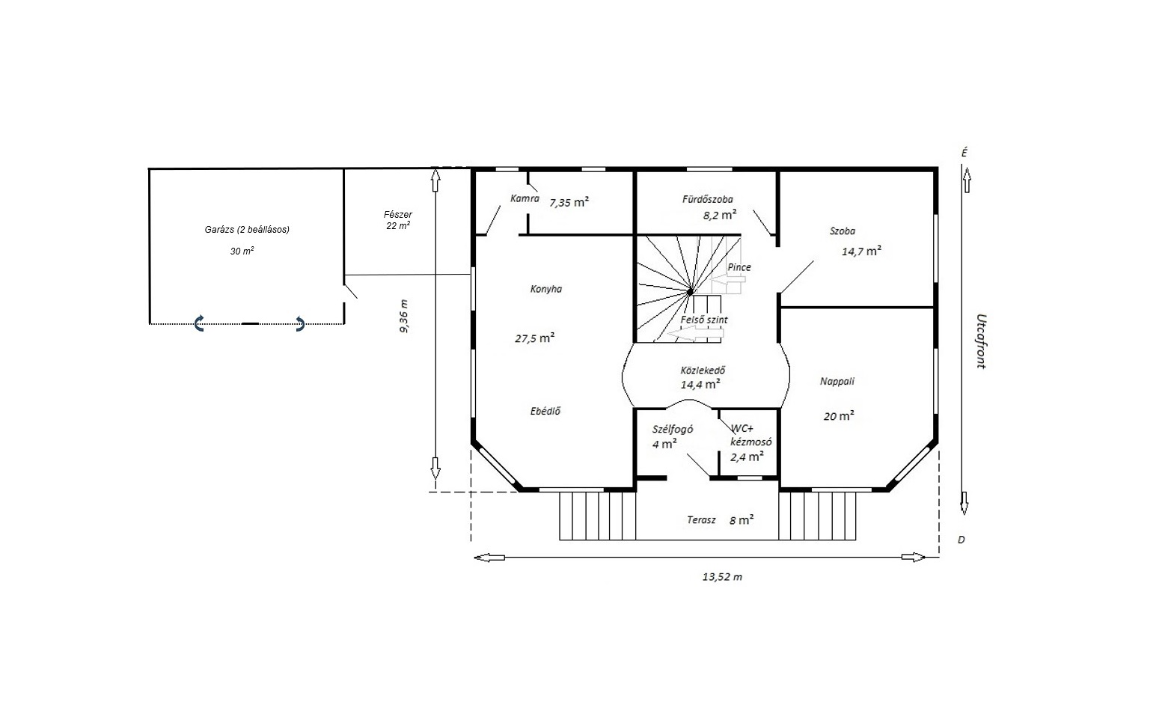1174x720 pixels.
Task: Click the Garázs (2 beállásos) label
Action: (x=247, y=229)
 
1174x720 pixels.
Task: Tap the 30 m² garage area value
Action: (x=242, y=251)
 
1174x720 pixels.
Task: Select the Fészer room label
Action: (x=398, y=215)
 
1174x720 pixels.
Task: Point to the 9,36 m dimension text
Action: (x=404, y=316)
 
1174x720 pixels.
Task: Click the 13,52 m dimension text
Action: (x=722, y=577)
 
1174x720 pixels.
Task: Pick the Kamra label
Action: (x=525, y=198)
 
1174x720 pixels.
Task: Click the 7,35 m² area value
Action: (x=569, y=202)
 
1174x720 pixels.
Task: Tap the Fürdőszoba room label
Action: (x=708, y=199)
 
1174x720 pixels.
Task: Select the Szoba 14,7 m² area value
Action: (x=861, y=251)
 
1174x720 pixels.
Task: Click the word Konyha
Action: (x=546, y=289)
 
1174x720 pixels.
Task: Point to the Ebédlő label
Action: (x=545, y=411)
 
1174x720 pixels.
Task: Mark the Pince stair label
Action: (x=739, y=267)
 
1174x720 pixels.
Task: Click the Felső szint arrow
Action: (x=695, y=333)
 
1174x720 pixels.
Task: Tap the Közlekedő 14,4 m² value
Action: (x=700, y=385)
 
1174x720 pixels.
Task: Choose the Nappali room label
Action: (x=837, y=381)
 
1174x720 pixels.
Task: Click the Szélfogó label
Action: (x=673, y=429)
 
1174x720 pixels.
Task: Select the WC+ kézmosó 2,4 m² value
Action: (x=747, y=457)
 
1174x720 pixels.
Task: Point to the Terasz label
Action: (x=701, y=520)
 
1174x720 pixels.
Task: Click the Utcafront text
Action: (x=981, y=341)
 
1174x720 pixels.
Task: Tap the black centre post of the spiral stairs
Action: (x=690, y=292)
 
